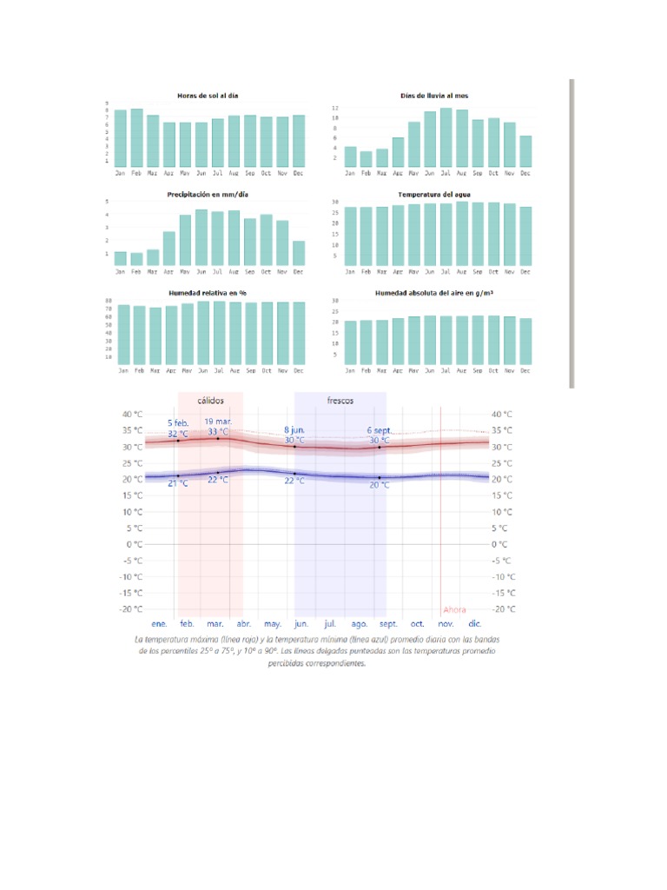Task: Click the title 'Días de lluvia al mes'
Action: pos(434,95)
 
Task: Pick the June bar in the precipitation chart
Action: pos(201,237)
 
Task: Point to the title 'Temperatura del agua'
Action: pos(434,195)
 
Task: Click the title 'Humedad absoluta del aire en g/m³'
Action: pos(434,294)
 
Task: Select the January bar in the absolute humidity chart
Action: pos(350,344)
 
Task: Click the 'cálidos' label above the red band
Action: pos(210,401)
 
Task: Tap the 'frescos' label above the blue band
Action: pos(340,401)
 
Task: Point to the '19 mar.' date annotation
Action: pos(217,422)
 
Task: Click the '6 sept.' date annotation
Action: pos(380,430)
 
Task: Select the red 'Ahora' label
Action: pos(454,609)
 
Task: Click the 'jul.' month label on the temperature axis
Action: pos(330,624)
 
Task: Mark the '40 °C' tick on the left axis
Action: pos(132,414)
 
